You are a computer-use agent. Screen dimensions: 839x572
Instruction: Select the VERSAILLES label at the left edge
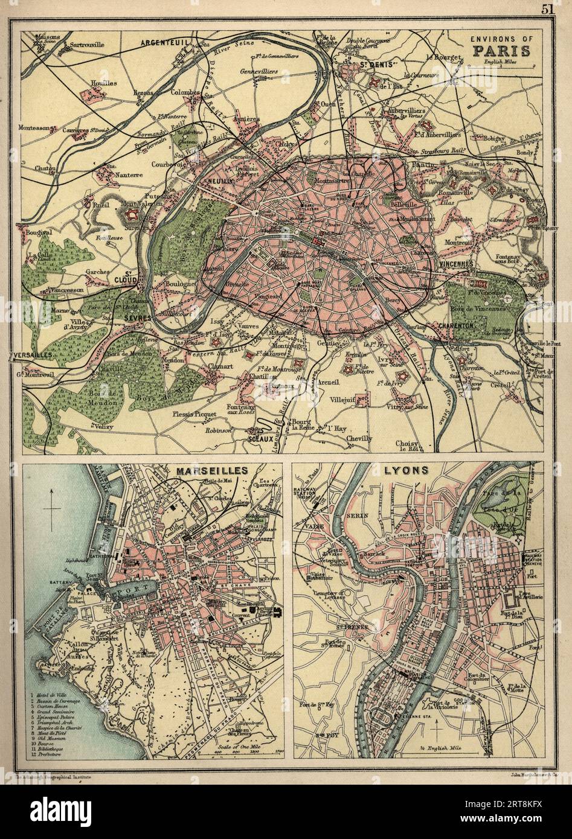[x=30, y=356]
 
